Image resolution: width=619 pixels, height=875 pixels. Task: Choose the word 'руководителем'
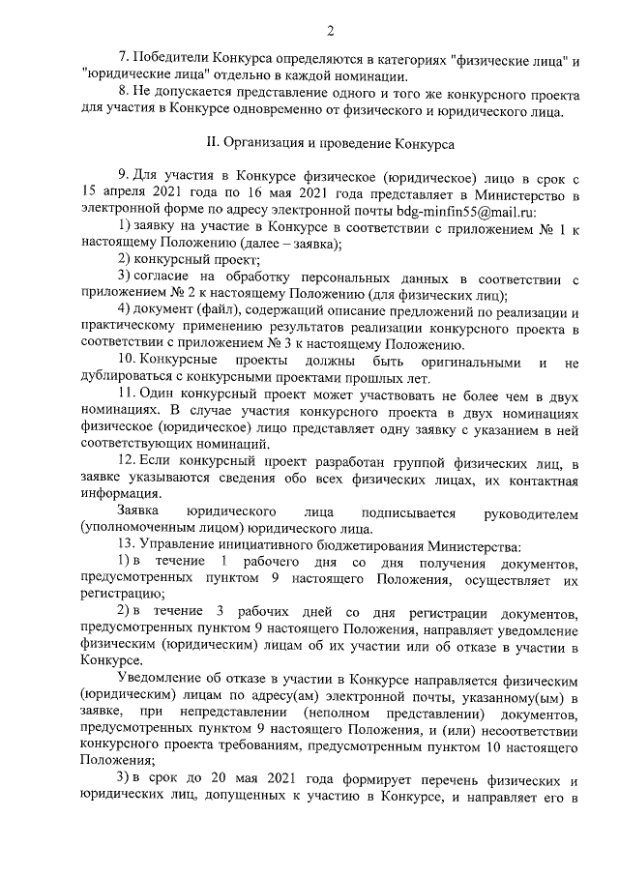(529, 510)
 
